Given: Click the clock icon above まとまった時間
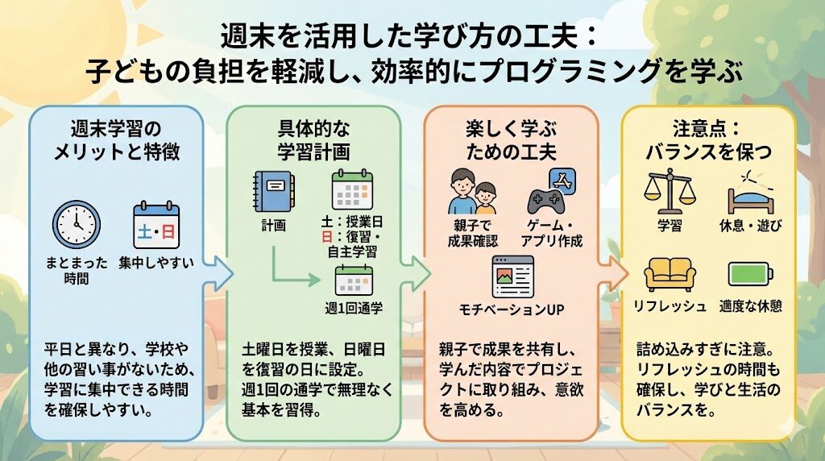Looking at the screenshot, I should (77, 224).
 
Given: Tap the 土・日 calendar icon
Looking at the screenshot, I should (156, 225).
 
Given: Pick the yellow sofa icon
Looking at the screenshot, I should (670, 275).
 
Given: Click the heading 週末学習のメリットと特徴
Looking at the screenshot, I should (116, 140).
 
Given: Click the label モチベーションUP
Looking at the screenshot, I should (512, 309).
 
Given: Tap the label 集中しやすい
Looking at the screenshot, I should (156, 263).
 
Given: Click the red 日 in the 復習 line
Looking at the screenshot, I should (327, 237).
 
